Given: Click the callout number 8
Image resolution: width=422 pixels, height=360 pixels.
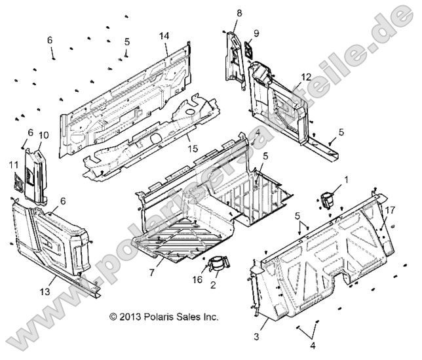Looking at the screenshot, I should (239, 12).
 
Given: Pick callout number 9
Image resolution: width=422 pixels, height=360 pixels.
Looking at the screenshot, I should (256, 33).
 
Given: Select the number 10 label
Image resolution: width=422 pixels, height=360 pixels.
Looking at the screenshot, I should (44, 135).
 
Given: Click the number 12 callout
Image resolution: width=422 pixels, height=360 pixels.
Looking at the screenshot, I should (305, 77).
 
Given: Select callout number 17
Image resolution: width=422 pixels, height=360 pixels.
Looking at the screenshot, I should (389, 210).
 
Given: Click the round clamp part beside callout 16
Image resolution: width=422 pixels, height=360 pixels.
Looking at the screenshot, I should (220, 264).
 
